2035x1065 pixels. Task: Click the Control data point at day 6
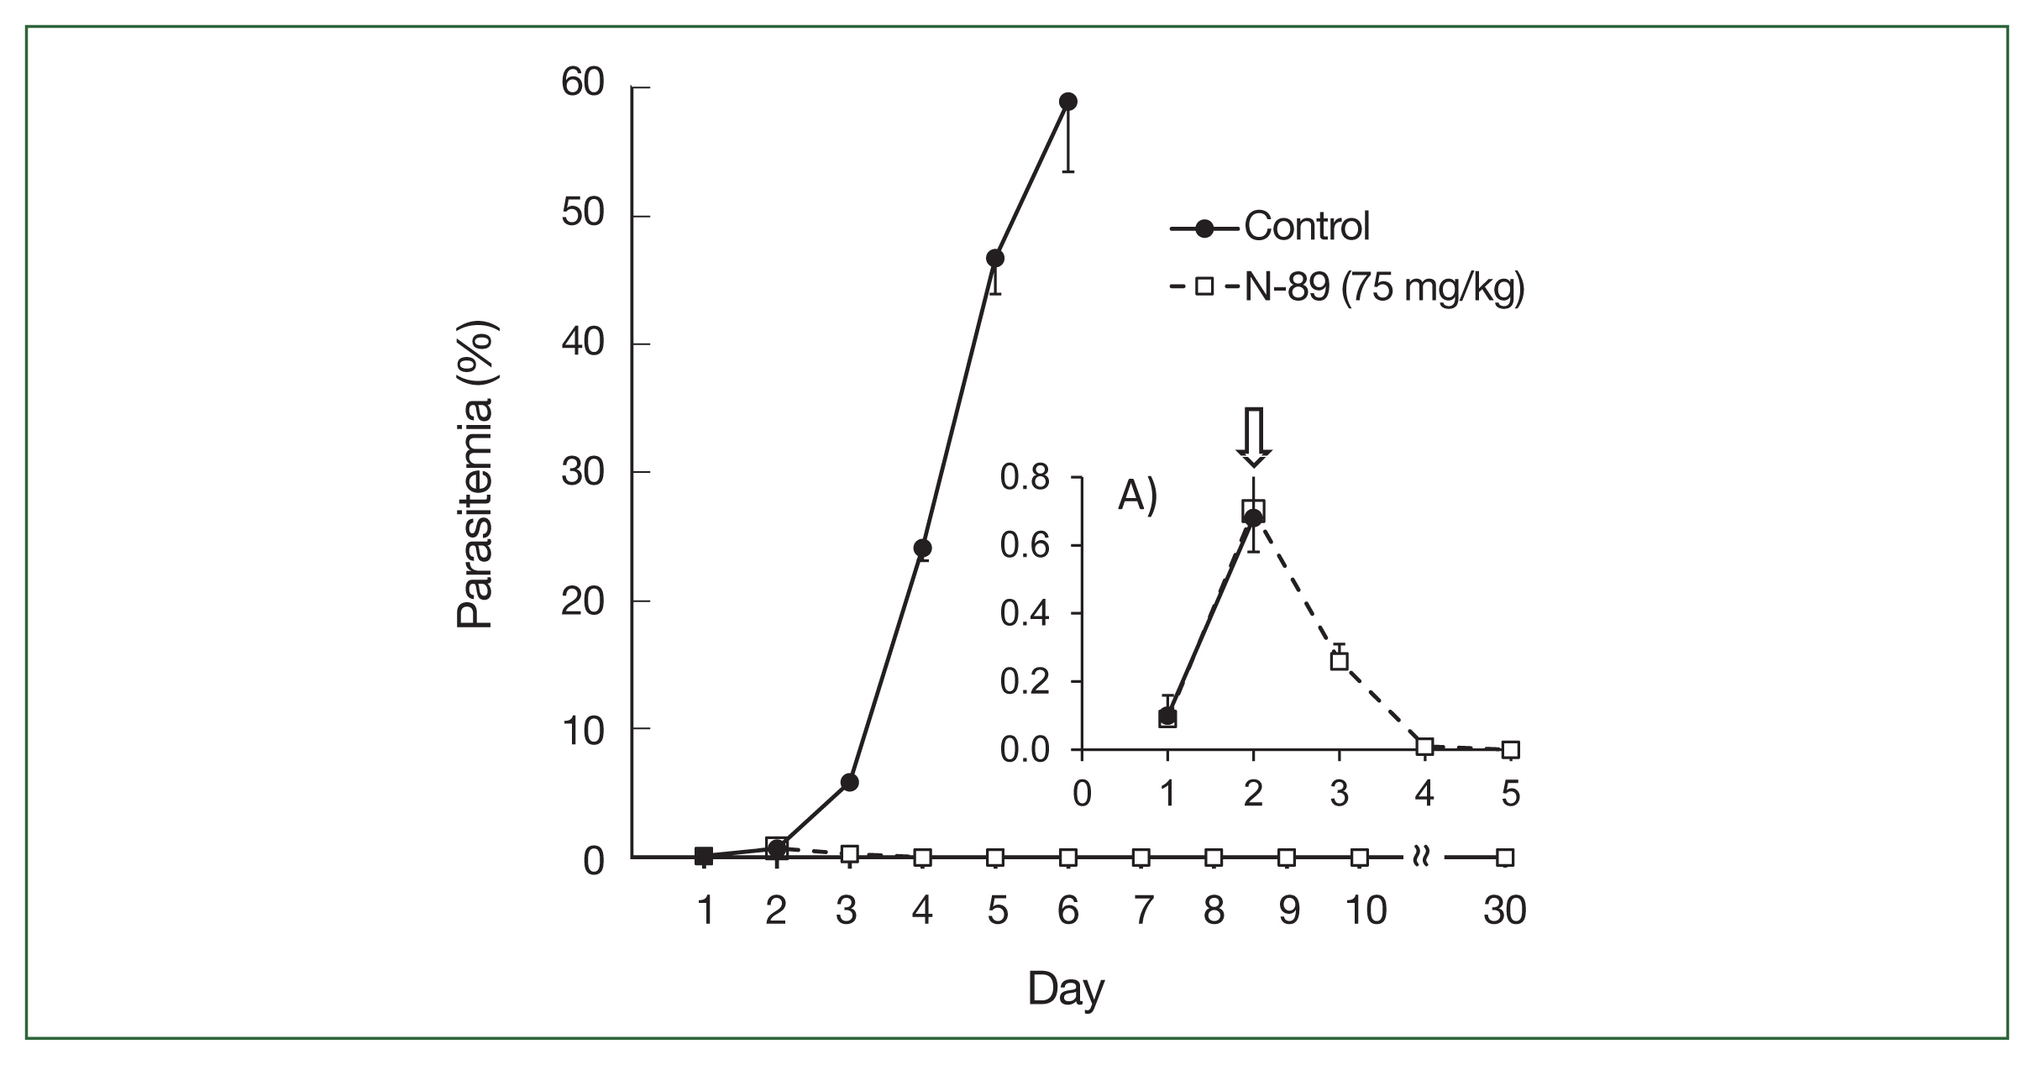pyautogui.click(x=1068, y=102)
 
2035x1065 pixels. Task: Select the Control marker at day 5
pyautogui.click(x=995, y=258)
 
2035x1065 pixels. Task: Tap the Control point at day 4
pyautogui.click(x=922, y=548)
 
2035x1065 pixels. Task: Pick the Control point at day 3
pyautogui.click(x=849, y=783)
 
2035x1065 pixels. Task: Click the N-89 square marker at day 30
pyautogui.click(x=1506, y=858)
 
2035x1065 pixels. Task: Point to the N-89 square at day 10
pyautogui.click(x=1360, y=858)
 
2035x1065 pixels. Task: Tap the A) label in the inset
pyautogui.click(x=1138, y=496)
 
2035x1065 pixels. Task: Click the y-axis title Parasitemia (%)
pyautogui.click(x=475, y=475)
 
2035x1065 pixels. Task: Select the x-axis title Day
pyautogui.click(x=1065, y=989)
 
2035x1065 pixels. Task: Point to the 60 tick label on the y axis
pyautogui.click(x=583, y=85)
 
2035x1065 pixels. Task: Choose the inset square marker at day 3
pyautogui.click(x=1340, y=661)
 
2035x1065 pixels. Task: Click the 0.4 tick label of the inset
pyautogui.click(x=1025, y=614)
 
